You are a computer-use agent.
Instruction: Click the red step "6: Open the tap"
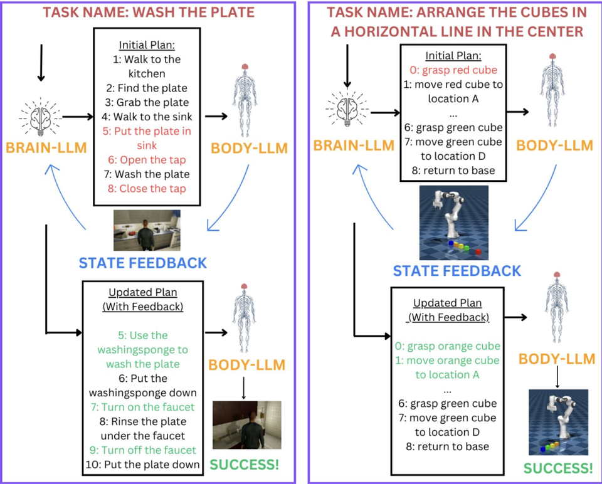pos(147,160)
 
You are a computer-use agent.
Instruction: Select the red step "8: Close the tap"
pos(147,188)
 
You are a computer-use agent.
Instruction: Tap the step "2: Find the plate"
pos(147,88)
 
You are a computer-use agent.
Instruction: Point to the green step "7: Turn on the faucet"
pos(147,408)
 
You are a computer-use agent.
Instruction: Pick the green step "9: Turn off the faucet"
pos(147,450)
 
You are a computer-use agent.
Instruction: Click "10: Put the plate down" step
pos(147,465)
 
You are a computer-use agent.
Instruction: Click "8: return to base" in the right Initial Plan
pos(448,170)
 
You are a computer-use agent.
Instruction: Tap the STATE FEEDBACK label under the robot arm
pos(457,271)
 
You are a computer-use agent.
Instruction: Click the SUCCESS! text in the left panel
pos(243,465)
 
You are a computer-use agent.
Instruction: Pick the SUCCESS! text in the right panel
pos(558,468)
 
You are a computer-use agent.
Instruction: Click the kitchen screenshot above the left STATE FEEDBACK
pos(147,230)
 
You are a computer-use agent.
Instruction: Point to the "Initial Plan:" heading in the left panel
pos(147,45)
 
